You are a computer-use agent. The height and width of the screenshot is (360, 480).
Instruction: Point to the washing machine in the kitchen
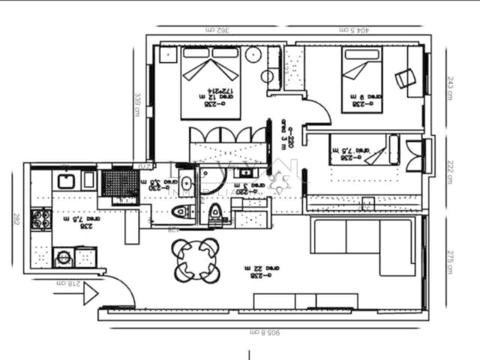(64, 258)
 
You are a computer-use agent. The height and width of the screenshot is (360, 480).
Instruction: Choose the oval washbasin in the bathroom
(186, 183)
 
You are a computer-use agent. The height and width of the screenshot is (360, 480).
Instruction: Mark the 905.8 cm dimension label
(265, 332)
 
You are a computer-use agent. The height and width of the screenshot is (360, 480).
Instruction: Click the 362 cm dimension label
(217, 30)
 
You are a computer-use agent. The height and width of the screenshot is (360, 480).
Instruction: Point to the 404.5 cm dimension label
(354, 30)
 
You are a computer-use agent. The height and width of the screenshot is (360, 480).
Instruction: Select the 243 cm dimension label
(450, 88)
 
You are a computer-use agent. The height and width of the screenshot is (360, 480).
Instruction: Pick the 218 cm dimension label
(68, 283)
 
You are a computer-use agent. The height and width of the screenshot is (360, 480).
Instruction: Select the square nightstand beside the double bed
(167, 55)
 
